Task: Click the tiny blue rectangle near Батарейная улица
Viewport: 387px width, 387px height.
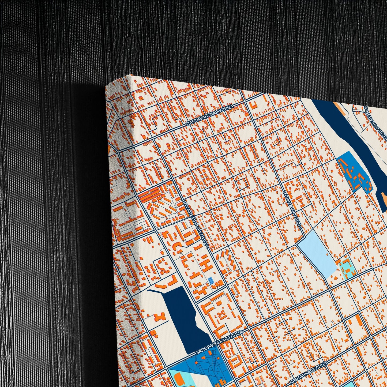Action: tap(211, 281)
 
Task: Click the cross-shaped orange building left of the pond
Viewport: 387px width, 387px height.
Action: tap(160, 318)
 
